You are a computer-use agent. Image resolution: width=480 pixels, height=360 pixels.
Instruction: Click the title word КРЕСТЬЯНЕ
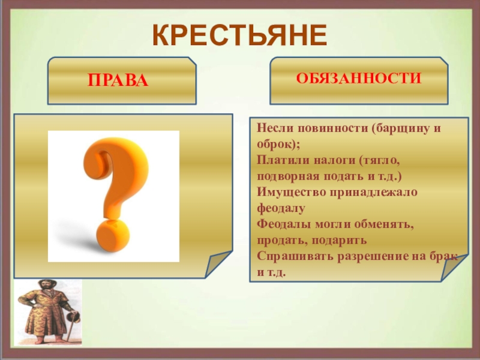coord(239,35)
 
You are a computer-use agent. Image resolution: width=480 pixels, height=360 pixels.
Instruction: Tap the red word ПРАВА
coord(118,80)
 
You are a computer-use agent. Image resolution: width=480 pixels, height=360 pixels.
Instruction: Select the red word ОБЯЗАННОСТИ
coord(358,79)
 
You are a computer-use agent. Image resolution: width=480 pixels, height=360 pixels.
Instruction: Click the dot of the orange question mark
coord(113,235)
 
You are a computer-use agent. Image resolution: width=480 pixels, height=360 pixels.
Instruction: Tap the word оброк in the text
coord(274,144)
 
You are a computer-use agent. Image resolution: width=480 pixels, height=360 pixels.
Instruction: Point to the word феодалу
coord(281,208)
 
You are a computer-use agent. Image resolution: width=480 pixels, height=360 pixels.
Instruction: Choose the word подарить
coord(339,241)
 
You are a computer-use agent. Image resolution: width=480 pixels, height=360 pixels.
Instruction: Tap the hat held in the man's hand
coord(74,317)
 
